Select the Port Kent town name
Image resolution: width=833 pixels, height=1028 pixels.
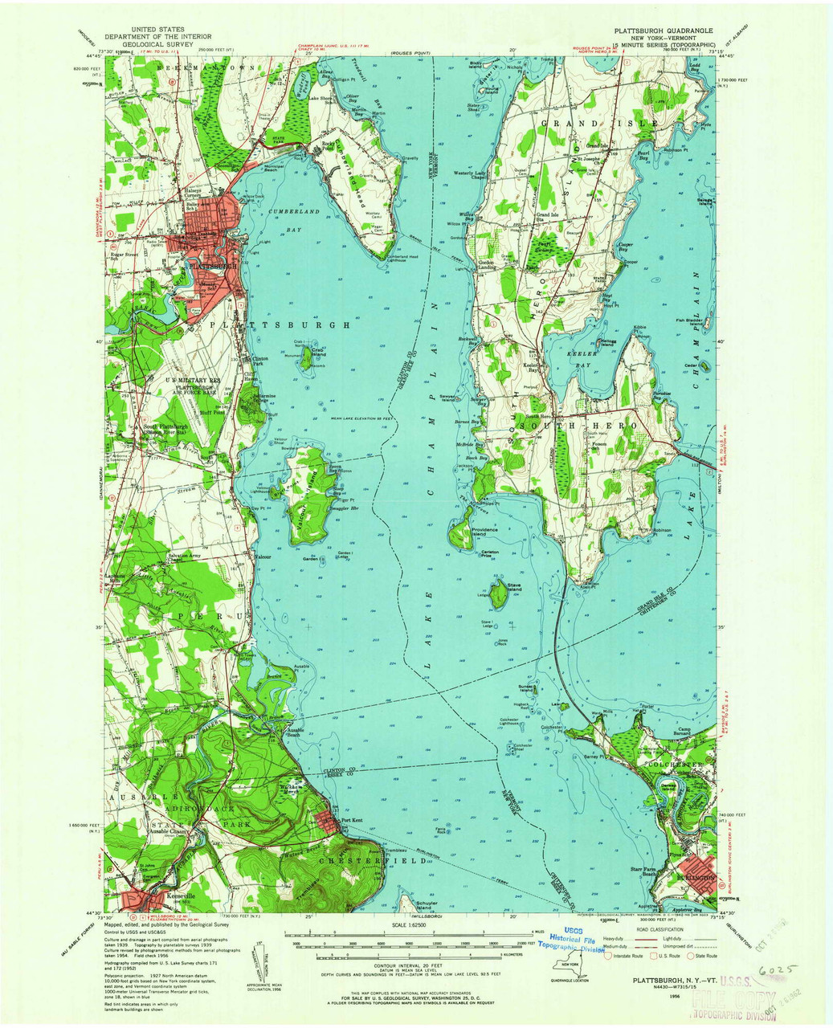click(x=352, y=820)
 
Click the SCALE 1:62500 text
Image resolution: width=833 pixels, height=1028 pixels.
click(x=410, y=924)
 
